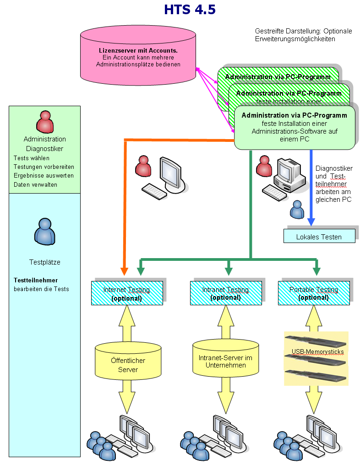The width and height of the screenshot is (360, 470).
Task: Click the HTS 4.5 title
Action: [x=190, y=10]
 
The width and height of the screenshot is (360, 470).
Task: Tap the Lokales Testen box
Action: [x=319, y=236]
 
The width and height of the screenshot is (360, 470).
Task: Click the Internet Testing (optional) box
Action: [x=126, y=293]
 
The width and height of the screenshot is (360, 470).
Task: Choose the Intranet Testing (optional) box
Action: [x=225, y=293]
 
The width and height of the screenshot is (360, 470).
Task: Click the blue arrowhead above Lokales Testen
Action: [x=311, y=222]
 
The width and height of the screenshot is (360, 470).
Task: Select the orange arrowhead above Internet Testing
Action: [x=125, y=270]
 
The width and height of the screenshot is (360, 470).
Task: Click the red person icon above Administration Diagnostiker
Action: [x=45, y=122]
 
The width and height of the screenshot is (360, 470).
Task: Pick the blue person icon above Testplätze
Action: [x=45, y=232]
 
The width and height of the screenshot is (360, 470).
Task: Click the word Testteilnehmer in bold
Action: [x=36, y=280]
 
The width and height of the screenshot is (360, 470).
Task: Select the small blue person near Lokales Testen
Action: [x=297, y=209]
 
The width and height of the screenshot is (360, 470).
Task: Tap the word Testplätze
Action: [x=44, y=263]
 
